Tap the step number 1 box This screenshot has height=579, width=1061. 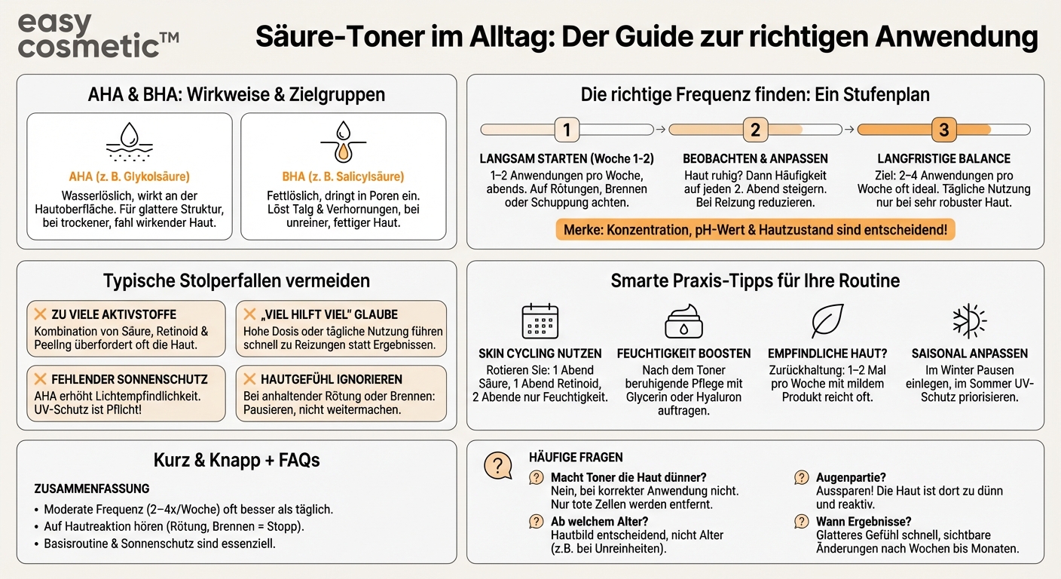(567, 130)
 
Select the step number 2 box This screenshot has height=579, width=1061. (755, 130)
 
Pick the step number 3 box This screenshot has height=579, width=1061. (943, 130)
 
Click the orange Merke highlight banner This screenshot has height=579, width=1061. (755, 229)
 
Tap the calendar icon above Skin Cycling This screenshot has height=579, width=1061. (540, 321)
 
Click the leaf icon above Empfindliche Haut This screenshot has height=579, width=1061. (827, 321)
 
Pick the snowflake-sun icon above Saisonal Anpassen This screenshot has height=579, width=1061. (969, 321)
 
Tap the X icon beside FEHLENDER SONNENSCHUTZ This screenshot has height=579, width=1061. (39, 379)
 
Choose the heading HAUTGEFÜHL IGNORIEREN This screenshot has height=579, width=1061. (331, 379)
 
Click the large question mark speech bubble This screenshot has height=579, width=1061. (498, 465)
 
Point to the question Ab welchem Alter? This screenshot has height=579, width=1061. (599, 521)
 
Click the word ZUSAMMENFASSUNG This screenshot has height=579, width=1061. (92, 489)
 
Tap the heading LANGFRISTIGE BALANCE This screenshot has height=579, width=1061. (943, 159)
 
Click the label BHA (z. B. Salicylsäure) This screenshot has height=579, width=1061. (343, 177)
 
